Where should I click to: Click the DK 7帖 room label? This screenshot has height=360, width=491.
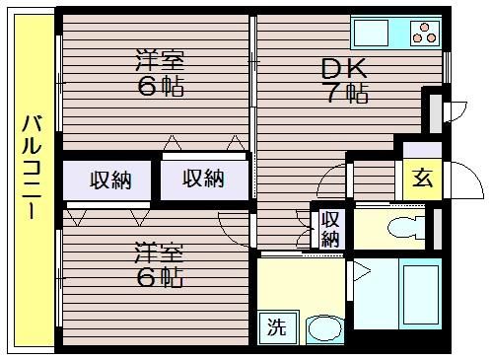[344, 80]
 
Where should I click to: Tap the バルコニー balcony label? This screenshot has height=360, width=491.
[32, 167]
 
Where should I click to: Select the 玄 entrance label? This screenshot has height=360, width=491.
[422, 178]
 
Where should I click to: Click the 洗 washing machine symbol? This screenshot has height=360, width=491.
[278, 326]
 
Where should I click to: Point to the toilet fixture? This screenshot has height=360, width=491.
[406, 227]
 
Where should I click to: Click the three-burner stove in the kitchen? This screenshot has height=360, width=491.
[426, 33]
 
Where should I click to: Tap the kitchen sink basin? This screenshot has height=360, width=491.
[371, 32]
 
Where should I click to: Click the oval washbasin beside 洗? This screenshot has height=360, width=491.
[324, 328]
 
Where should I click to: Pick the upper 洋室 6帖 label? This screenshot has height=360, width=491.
[160, 73]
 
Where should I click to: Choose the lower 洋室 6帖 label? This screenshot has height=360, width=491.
[159, 264]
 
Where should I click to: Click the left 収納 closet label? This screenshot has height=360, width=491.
[110, 180]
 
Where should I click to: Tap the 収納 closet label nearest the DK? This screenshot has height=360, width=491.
[203, 179]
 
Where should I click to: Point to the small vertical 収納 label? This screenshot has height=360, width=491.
[330, 229]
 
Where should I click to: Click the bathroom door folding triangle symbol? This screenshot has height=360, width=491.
[362, 271]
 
